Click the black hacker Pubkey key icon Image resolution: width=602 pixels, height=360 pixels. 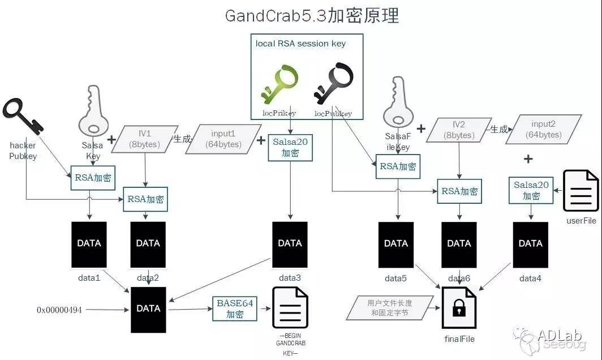coord(23,117)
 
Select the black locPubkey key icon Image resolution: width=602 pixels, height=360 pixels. coord(334,85)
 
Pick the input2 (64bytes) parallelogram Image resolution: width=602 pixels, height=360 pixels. coord(543,129)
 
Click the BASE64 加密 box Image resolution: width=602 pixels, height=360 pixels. coord(234,308)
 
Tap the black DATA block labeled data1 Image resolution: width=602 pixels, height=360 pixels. coord(89,243)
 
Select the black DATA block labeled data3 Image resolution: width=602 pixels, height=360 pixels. coord(290,243)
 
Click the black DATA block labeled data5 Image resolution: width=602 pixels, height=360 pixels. coord(395,243)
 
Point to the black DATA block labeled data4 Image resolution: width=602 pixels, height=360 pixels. coord(531,243)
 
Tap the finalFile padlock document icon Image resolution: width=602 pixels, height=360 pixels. coord(459,308)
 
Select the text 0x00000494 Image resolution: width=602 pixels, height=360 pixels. coord(59,310)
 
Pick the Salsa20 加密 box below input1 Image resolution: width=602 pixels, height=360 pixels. coord(290,147)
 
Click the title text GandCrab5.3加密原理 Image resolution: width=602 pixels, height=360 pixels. coord(312,15)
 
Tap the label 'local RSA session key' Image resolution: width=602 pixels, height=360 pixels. coord(300,44)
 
